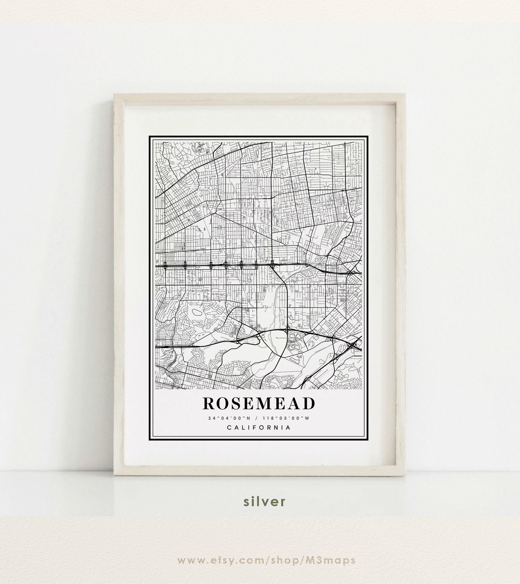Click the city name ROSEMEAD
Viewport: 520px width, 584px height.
259,404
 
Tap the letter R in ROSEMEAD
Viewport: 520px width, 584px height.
209,404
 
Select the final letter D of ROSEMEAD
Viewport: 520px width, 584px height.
310,404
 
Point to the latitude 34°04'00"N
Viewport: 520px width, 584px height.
229,418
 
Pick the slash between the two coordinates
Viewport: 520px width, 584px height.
256,418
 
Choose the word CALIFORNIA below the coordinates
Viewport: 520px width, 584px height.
259,428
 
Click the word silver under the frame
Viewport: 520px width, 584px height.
264,501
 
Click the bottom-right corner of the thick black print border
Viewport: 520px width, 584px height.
368,440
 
